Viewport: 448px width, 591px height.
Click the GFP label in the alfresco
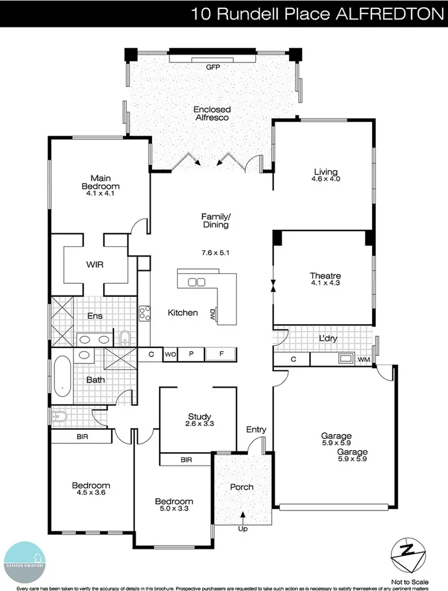[x=213, y=67]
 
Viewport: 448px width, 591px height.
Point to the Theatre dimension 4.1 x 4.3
[x=325, y=283]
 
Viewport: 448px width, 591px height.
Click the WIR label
[x=95, y=265]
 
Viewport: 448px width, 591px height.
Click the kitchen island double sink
[x=196, y=282]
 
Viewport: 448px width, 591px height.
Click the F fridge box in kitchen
[x=221, y=355]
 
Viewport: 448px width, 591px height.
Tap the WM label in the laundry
[x=363, y=358]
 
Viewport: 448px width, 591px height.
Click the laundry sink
[x=345, y=358]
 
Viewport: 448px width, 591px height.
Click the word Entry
[x=256, y=429]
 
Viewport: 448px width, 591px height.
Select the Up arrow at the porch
[x=243, y=518]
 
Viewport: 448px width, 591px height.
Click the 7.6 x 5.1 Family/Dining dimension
[x=216, y=252]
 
